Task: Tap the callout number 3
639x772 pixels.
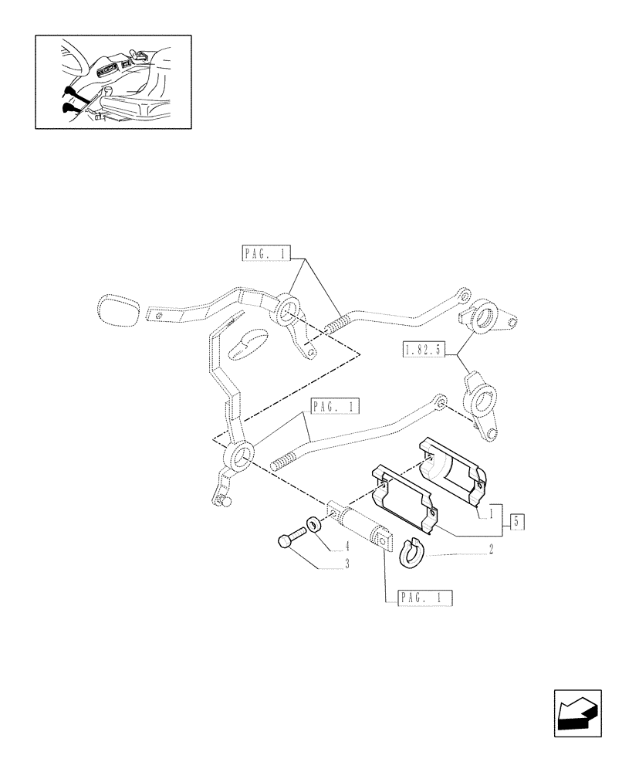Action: [347, 564]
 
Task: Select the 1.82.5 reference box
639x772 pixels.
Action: [422, 350]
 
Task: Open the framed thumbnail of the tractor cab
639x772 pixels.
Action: [113, 81]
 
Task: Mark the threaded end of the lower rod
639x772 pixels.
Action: [285, 461]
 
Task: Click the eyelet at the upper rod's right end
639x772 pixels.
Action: [463, 296]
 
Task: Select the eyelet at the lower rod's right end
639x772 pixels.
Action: [440, 401]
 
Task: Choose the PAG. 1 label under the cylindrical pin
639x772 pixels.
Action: [425, 598]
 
